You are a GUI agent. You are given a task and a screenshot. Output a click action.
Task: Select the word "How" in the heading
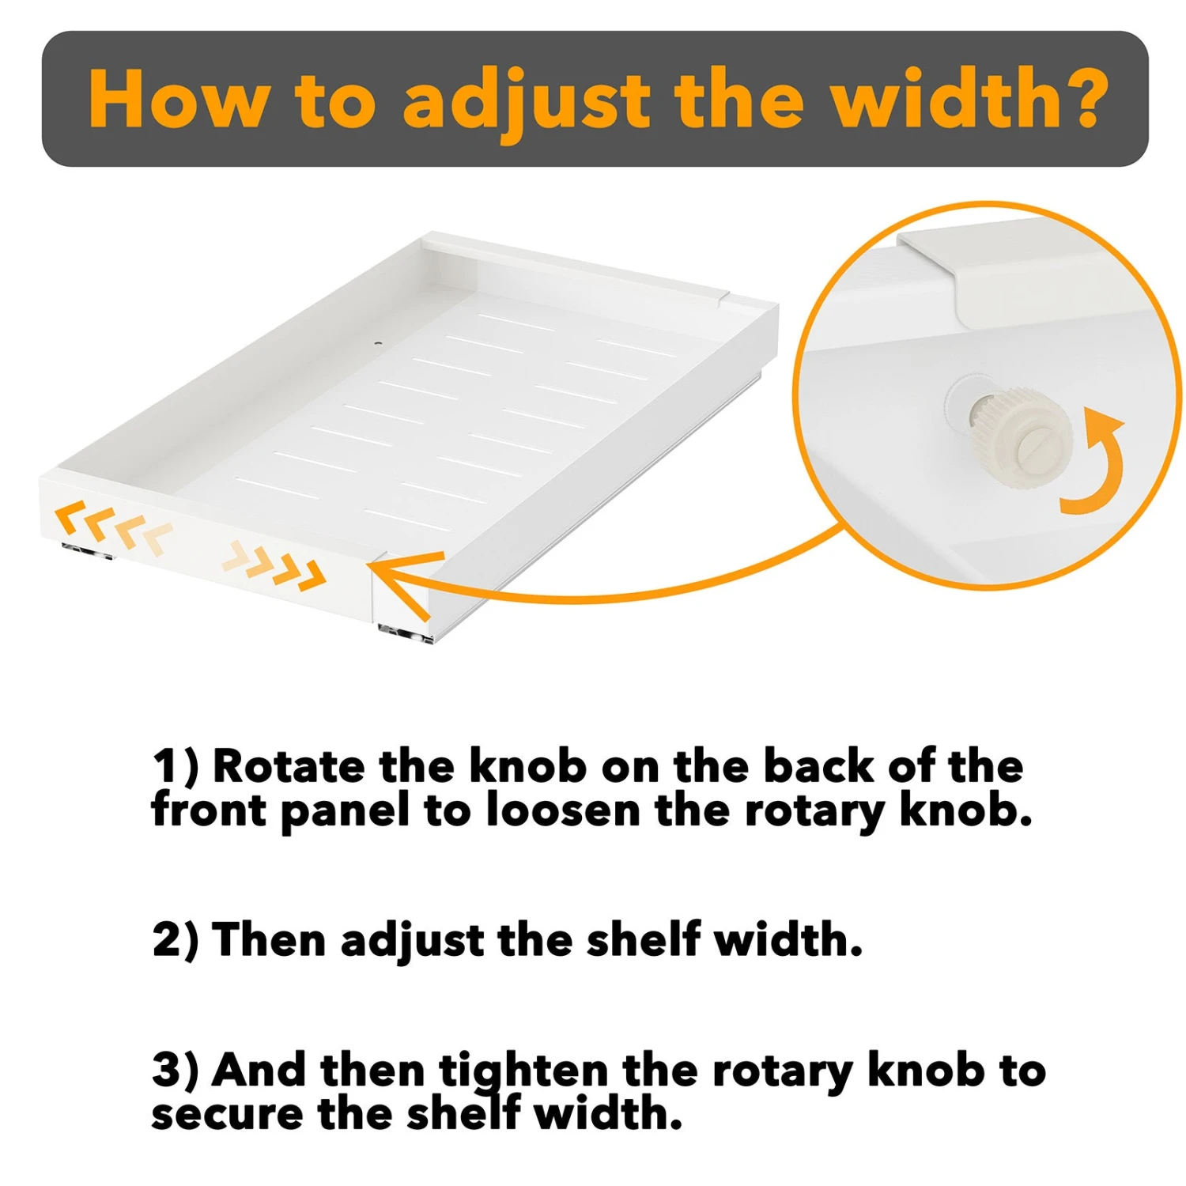(178, 98)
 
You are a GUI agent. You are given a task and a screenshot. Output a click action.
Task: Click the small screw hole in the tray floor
(378, 345)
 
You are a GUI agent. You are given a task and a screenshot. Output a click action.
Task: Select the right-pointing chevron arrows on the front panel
(274, 565)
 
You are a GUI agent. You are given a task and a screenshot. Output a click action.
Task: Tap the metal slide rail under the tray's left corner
(88, 551)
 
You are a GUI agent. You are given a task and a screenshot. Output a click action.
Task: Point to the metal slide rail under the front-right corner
(406, 633)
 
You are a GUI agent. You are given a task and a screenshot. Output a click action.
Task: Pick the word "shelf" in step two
(643, 939)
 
